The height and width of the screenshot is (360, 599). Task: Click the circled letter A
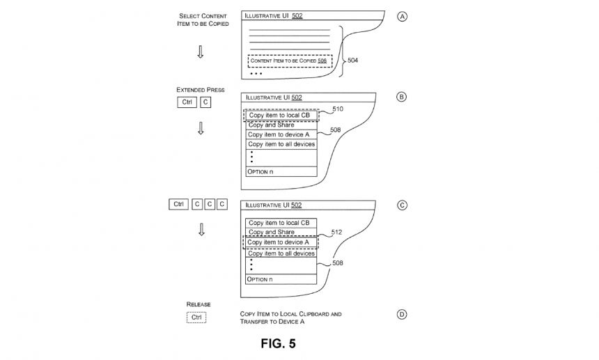click(x=402, y=17)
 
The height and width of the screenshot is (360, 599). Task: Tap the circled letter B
click(x=401, y=97)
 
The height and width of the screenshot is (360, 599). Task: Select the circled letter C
click(x=402, y=205)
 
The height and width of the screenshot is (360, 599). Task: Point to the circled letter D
click(x=401, y=315)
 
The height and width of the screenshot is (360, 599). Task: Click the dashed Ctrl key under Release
click(x=196, y=318)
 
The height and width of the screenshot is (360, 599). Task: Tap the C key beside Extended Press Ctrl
click(x=205, y=102)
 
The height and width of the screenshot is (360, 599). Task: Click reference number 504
click(x=352, y=61)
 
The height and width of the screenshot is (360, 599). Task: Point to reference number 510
click(x=338, y=109)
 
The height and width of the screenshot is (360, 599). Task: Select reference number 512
click(x=336, y=232)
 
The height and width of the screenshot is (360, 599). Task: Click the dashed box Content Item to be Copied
click(x=290, y=61)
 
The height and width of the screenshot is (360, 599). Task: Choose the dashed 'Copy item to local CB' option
click(x=281, y=116)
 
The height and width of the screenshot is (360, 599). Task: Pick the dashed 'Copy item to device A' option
click(x=281, y=242)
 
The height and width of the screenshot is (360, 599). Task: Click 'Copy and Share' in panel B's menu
click(x=271, y=125)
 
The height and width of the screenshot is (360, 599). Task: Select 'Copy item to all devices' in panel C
click(x=281, y=253)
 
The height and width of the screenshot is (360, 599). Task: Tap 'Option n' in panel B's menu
click(x=260, y=172)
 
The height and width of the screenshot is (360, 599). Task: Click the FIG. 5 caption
click(x=278, y=343)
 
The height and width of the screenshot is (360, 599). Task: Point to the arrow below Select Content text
click(x=200, y=52)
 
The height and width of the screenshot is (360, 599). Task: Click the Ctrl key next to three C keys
click(x=178, y=204)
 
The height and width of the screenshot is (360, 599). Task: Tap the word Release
click(x=199, y=304)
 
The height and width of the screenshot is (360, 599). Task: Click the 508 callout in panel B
click(x=336, y=130)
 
